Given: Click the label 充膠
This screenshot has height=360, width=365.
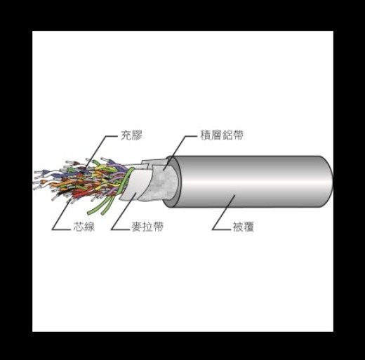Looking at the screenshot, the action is pos(131,135).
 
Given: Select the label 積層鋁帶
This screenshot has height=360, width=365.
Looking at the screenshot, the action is pos(222,135).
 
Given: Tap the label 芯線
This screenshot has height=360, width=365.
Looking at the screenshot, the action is pos(84,226).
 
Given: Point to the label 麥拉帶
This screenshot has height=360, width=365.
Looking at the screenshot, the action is pos(147,226).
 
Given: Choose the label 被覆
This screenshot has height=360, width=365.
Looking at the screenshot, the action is pos(244,226).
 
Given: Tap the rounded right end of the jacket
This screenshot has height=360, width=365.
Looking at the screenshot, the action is pos(328,182).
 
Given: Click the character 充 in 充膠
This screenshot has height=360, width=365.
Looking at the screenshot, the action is pos(126,135).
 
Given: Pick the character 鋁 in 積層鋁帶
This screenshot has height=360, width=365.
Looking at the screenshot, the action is pos(227,135).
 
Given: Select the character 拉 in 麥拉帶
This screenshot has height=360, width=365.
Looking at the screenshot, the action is pos(147,226).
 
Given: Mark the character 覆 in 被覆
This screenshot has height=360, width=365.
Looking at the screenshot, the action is pos(248,226).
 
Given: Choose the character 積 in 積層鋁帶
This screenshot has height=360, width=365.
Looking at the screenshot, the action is pos(206,135).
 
